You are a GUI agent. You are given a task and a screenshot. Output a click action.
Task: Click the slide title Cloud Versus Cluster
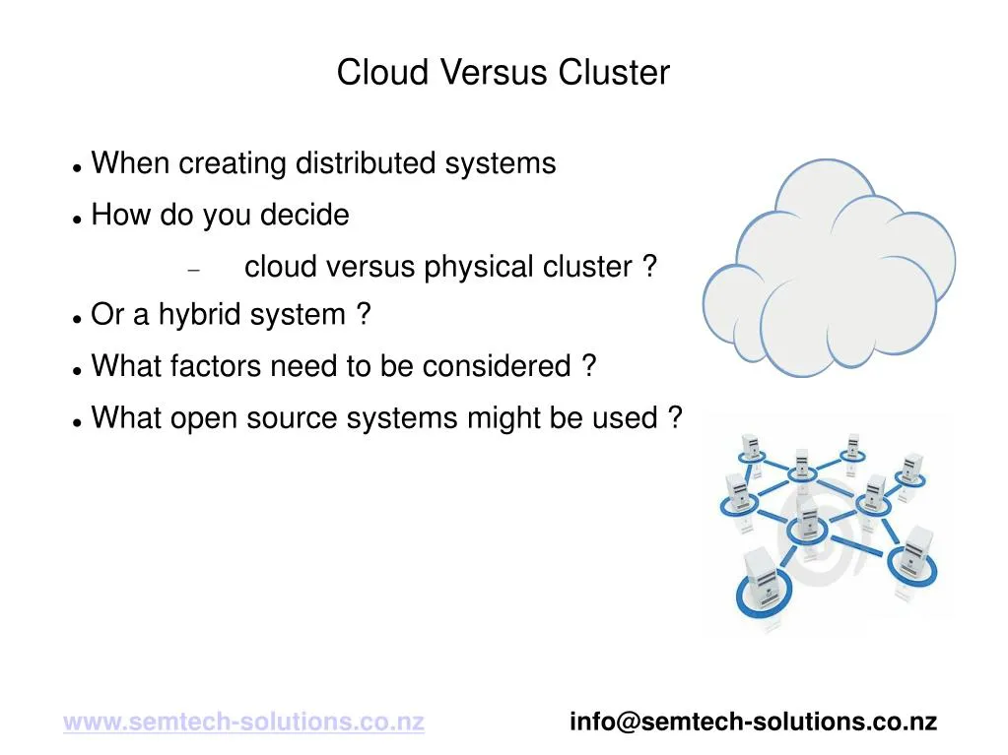[503, 73]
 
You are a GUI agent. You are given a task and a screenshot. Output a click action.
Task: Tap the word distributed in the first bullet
[367, 163]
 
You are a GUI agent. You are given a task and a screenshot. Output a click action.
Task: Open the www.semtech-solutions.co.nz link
[243, 722]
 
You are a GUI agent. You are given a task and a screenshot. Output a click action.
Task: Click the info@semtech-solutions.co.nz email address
[753, 722]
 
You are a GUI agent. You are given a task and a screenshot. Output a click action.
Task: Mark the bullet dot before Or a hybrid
[76, 319]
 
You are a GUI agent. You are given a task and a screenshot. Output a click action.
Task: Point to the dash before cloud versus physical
[193, 269]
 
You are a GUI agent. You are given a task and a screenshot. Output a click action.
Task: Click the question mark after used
[674, 418]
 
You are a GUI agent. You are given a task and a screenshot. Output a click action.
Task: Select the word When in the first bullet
[130, 163]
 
